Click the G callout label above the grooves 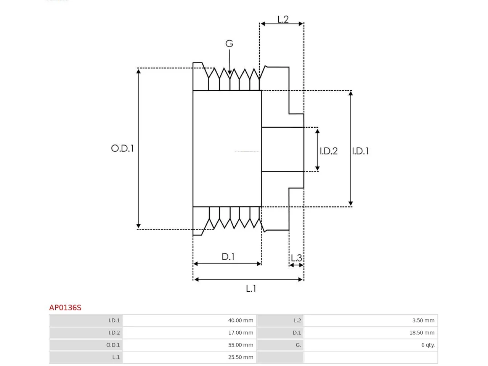(x=229, y=43)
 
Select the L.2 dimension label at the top (x=283, y=19)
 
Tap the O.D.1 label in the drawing (x=122, y=148)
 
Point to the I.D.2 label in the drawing (x=328, y=151)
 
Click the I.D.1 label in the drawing (x=360, y=151)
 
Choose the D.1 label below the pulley (x=228, y=257)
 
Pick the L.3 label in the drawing (x=296, y=258)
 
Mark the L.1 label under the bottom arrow (x=251, y=289)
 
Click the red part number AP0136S (x=65, y=308)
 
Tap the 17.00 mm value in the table (x=241, y=332)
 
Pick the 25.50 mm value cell (x=241, y=357)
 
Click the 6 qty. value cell (x=428, y=345)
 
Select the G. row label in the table (x=298, y=345)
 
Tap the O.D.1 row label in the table (x=113, y=345)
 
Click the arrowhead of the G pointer (x=230, y=72)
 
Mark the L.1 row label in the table (x=116, y=357)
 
